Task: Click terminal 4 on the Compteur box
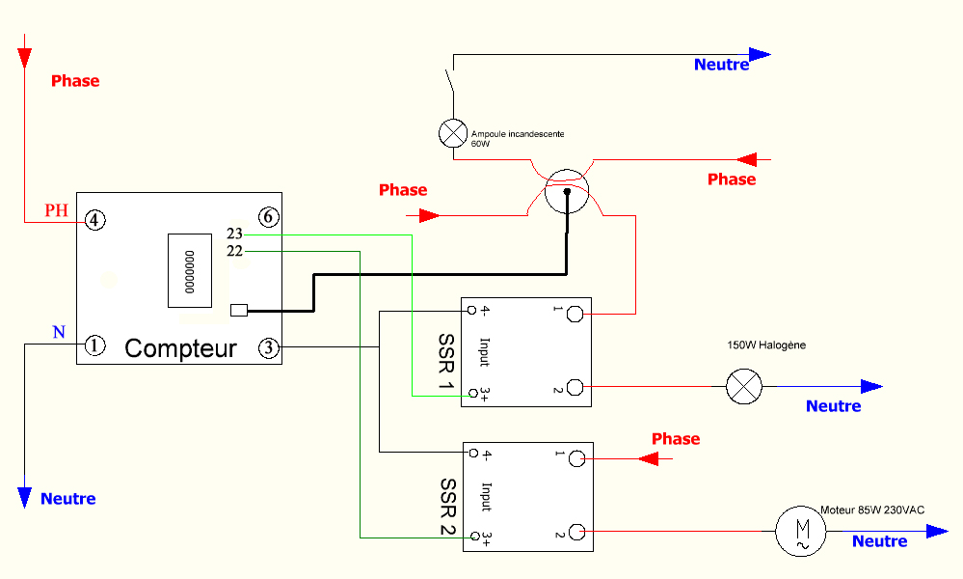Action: click(x=94, y=220)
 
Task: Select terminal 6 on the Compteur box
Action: click(x=268, y=217)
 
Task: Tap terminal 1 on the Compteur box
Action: click(x=94, y=345)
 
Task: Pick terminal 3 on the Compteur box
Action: click(x=269, y=346)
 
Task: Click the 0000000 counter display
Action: click(x=190, y=270)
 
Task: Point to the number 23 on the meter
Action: click(x=234, y=234)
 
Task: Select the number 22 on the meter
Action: click(x=234, y=251)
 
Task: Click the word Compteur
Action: click(x=180, y=348)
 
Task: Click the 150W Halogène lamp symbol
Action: click(x=742, y=387)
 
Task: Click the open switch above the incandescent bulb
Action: click(x=450, y=83)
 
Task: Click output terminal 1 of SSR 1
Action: click(x=575, y=313)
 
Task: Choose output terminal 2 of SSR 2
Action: click(x=576, y=532)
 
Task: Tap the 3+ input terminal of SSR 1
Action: click(x=471, y=394)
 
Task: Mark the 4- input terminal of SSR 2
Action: click(x=472, y=452)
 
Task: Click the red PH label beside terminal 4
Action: click(x=57, y=211)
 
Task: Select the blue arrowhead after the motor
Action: click(x=936, y=531)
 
